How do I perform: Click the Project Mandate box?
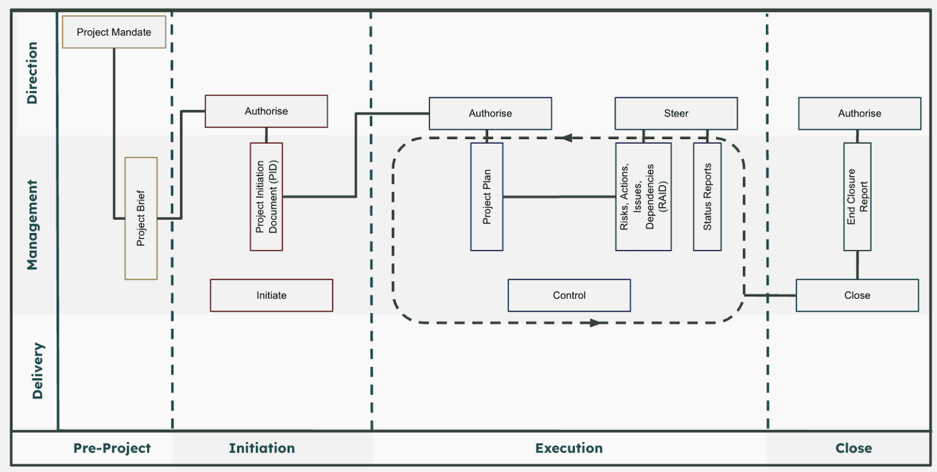coord(114,32)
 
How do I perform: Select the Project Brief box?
coord(141,218)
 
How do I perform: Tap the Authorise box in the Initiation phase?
coord(266,111)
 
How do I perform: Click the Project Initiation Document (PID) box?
coord(266,197)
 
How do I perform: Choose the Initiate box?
coord(271,295)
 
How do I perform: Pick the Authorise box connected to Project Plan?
coord(490,114)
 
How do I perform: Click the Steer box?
coord(676,114)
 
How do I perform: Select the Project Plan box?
coord(487,197)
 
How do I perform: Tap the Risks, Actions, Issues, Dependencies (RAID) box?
coord(643,197)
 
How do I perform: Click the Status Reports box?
coord(707,197)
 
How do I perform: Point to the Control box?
coord(569,295)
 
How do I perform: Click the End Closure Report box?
coord(857,197)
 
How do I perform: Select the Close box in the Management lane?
coord(857,295)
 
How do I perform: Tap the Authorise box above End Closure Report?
coord(859,114)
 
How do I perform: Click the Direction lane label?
coord(32,73)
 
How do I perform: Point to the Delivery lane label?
coord(37,371)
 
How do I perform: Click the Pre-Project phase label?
coord(112,448)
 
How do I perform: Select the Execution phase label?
coord(569,448)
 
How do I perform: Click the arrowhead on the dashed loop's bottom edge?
coord(595,323)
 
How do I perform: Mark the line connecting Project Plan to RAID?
coord(559,197)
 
